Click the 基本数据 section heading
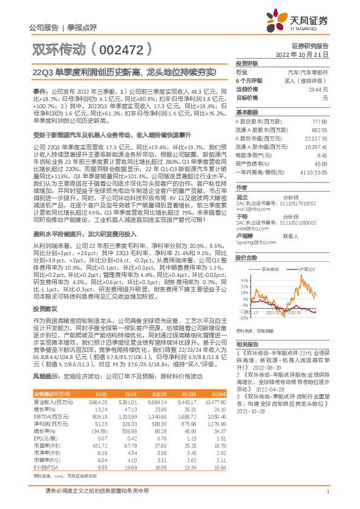(x=247, y=112)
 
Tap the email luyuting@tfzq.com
(x=257, y=242)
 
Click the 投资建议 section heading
(x=47, y=291)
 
